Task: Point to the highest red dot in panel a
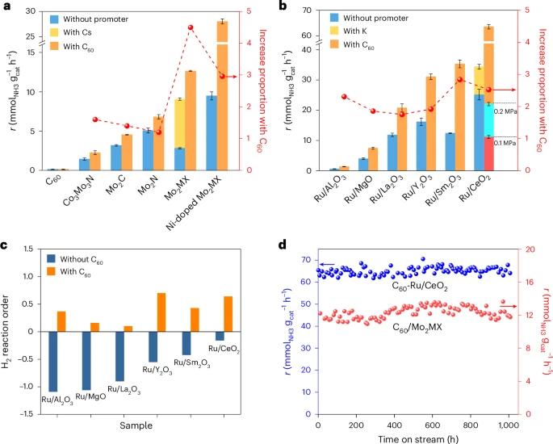coord(191,27)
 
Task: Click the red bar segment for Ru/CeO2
coord(489,153)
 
